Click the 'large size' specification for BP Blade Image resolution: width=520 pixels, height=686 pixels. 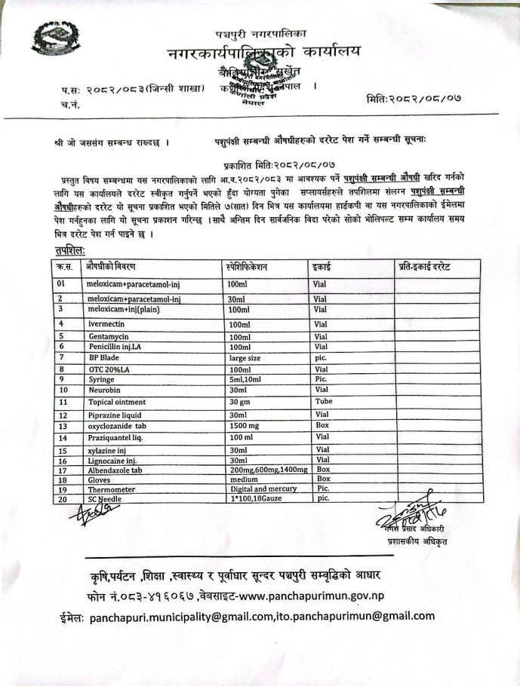(x=245, y=357)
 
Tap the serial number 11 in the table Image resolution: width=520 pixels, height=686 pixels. (x=63, y=402)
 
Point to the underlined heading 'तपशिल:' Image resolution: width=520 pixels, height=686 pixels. (x=69, y=249)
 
